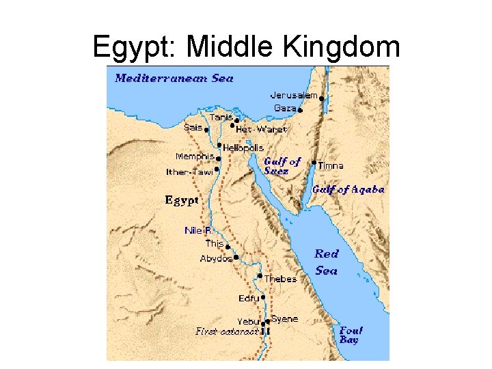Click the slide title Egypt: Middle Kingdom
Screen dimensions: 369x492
pyautogui.click(x=246, y=46)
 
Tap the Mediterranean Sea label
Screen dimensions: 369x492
pyautogui.click(x=174, y=78)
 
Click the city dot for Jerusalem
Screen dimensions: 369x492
pyautogui.click(x=322, y=98)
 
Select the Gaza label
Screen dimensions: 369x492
pyautogui.click(x=285, y=108)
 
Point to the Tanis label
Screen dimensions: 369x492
pyautogui.click(x=221, y=118)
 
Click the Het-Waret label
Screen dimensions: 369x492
pyautogui.click(x=261, y=129)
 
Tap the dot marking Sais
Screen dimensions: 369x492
pyautogui.click(x=206, y=128)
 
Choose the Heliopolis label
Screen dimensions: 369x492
pyautogui.click(x=243, y=148)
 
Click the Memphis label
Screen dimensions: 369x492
pyautogui.click(x=195, y=156)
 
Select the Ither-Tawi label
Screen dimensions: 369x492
pyautogui.click(x=189, y=172)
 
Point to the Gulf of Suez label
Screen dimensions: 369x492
pyautogui.click(x=282, y=166)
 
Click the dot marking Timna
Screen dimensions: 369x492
pyautogui.click(x=314, y=163)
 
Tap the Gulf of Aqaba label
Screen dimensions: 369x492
pyautogui.click(x=348, y=189)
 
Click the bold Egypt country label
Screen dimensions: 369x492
pyautogui.click(x=182, y=200)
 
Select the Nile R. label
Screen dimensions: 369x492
pyautogui.click(x=198, y=231)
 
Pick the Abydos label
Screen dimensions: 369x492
pyautogui.click(x=216, y=259)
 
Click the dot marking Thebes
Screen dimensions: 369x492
pyautogui.click(x=260, y=276)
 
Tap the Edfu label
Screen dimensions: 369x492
pyautogui.click(x=249, y=299)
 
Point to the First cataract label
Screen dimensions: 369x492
pyautogui.click(x=227, y=331)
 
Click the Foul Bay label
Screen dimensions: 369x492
pyautogui.click(x=351, y=334)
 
